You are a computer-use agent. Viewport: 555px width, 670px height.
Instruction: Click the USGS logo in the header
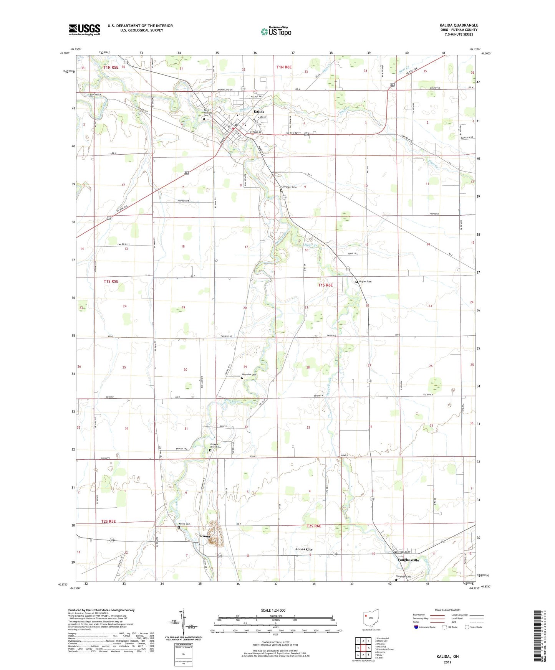pyautogui.click(x=84, y=30)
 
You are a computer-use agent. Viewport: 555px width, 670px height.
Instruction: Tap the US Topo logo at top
pyautogui.click(x=276, y=31)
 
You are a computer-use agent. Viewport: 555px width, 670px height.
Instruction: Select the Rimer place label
pyautogui.click(x=205, y=536)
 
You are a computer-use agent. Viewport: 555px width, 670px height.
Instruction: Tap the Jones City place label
pyautogui.click(x=304, y=549)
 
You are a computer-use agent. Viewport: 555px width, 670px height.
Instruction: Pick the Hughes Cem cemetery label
pyautogui.click(x=365, y=282)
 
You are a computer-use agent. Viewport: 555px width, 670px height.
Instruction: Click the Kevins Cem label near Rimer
pyautogui.click(x=184, y=524)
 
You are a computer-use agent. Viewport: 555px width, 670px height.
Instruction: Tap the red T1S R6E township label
pyautogui.click(x=325, y=285)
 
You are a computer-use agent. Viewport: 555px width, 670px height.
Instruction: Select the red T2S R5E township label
pyautogui.click(x=108, y=521)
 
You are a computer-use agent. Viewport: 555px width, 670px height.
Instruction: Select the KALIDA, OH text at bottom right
pyautogui.click(x=447, y=657)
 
